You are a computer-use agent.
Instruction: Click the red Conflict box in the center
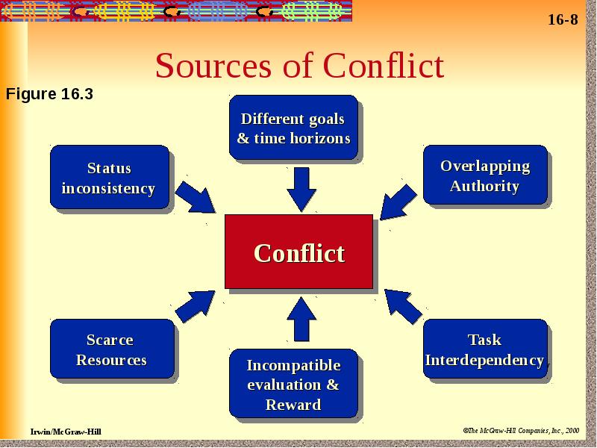(x=299, y=252)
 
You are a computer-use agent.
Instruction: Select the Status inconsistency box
(x=110, y=177)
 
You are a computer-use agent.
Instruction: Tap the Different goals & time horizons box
(x=293, y=127)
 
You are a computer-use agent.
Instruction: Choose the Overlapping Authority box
(x=486, y=175)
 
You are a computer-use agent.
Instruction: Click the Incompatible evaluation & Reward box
(x=293, y=383)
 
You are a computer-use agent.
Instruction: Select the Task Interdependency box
(x=486, y=349)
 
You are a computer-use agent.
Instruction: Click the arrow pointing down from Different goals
(x=301, y=190)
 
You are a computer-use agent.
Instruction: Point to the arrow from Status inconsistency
(x=196, y=197)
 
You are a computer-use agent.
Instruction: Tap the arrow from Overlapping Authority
(x=398, y=202)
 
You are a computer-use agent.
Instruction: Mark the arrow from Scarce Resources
(x=196, y=307)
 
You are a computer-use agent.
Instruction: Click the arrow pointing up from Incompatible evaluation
(x=301, y=320)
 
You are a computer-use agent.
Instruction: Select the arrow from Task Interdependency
(x=404, y=307)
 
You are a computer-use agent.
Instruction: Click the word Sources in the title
(x=213, y=66)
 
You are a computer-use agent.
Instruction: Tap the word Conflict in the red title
(x=384, y=65)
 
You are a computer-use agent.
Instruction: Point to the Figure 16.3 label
(x=49, y=94)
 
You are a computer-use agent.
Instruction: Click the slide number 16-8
(x=563, y=19)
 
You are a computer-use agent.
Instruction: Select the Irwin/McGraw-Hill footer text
(x=66, y=432)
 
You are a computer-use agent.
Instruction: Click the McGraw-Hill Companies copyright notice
(x=521, y=431)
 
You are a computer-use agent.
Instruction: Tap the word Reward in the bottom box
(x=293, y=405)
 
